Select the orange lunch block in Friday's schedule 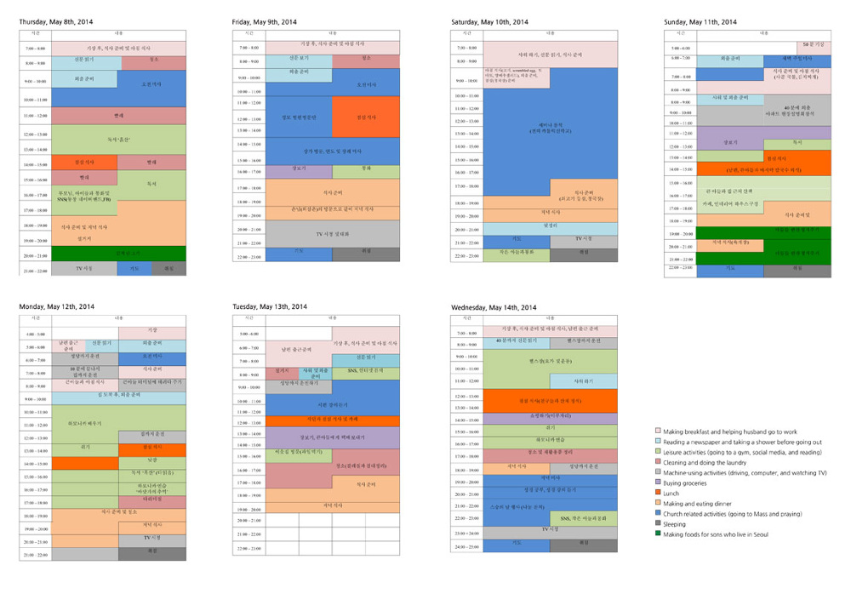pyautogui.click(x=365, y=117)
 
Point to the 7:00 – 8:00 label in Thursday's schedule pyautogui.click(x=35, y=49)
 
